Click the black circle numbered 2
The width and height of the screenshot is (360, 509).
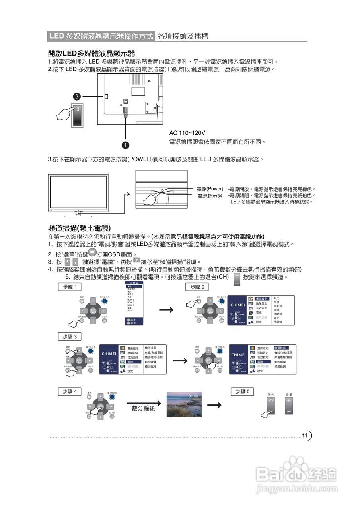pyautogui.click(x=77, y=97)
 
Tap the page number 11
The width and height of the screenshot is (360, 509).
pyautogui.click(x=305, y=436)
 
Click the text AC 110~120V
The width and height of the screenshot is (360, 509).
pyautogui.click(x=187, y=133)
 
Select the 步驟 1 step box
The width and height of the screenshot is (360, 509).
pyautogui.click(x=70, y=287)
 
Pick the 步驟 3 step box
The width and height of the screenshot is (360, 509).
pyautogui.click(x=70, y=337)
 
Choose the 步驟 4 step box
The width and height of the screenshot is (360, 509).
pyautogui.click(x=70, y=392)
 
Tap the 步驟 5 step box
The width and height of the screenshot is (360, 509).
pyautogui.click(x=242, y=392)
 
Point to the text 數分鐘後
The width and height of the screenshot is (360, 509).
pyautogui.click(x=143, y=408)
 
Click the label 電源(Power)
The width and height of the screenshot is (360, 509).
pyautogui.click(x=210, y=189)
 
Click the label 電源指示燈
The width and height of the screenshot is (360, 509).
pyautogui.click(x=210, y=196)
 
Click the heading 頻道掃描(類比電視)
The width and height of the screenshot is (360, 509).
pyautogui.click(x=79, y=228)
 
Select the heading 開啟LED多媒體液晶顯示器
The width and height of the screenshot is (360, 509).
pyautogui.click(x=91, y=53)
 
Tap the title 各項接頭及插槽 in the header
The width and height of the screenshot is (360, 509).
pyautogui.click(x=183, y=36)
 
